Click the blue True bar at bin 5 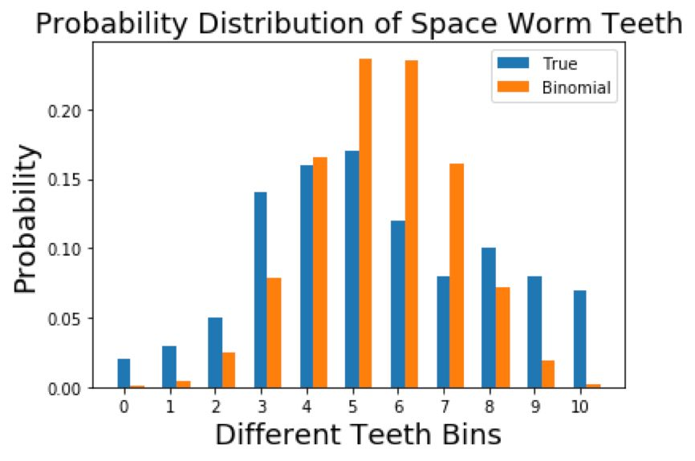[352, 269]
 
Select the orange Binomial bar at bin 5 [365, 224]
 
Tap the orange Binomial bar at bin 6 [411, 224]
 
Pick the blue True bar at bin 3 [260, 290]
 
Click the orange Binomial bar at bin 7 [457, 276]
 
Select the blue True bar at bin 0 [124, 374]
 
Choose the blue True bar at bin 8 [488, 318]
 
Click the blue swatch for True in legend [514, 63]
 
